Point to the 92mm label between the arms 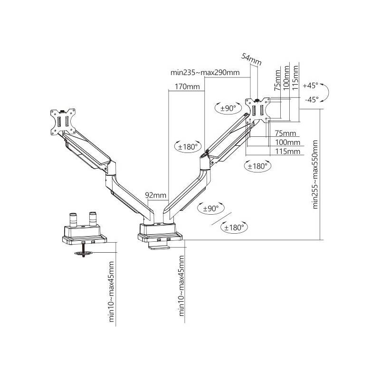(155, 195)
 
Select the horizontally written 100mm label (287, 142)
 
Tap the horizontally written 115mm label (287, 152)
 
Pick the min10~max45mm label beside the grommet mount (112, 292)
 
